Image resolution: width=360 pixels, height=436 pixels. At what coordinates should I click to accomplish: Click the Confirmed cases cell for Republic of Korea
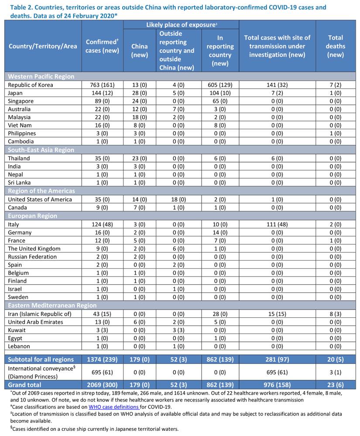click(102, 85)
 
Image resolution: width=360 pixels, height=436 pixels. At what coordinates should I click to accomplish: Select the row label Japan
click(15, 93)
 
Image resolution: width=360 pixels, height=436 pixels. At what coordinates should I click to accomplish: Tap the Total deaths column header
click(335, 46)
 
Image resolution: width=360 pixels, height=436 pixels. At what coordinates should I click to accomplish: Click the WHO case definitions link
click(113, 407)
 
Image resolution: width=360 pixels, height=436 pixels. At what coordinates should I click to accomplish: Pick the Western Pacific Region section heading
click(41, 76)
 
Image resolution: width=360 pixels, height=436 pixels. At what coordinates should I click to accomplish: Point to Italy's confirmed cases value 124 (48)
click(102, 225)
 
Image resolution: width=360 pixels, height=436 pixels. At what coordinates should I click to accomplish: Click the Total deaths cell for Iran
click(335, 314)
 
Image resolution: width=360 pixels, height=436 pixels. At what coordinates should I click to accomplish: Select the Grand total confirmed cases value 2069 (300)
click(102, 385)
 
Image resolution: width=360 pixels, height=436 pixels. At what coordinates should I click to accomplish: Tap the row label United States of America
click(40, 199)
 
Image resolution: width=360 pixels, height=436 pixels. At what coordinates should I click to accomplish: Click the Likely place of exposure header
click(182, 25)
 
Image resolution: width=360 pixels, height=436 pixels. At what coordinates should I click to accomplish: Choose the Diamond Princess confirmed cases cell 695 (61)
click(102, 372)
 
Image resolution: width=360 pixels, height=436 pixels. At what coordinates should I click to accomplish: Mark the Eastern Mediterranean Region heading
click(52, 305)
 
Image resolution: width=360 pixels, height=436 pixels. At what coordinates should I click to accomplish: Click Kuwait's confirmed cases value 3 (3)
click(102, 330)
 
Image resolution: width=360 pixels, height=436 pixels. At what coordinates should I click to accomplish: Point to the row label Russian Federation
click(32, 257)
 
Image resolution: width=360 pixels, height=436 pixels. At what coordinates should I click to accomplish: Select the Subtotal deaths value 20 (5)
click(335, 360)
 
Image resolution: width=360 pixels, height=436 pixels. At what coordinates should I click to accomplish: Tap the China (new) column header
click(139, 51)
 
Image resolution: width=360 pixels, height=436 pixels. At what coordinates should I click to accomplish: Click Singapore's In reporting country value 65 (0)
click(220, 101)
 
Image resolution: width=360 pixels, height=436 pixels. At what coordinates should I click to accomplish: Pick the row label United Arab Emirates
click(35, 322)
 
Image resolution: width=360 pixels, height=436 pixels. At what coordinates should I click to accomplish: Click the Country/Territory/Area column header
click(43, 46)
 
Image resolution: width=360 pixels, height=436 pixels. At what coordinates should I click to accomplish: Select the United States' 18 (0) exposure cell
click(178, 199)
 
